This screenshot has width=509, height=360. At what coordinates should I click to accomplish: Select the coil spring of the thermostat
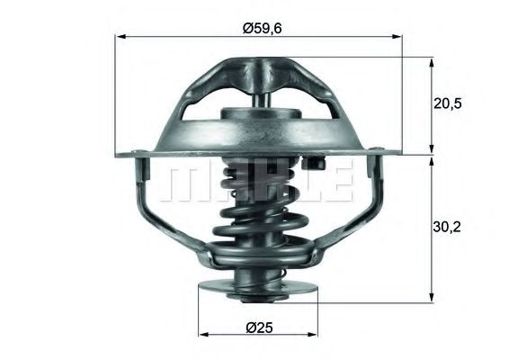click(x=255, y=216)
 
